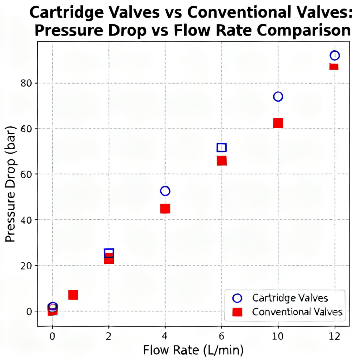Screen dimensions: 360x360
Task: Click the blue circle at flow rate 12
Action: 335,56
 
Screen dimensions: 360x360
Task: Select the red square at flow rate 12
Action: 334,67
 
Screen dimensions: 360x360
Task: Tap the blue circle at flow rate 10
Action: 278,97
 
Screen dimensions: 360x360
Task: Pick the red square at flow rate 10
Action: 278,123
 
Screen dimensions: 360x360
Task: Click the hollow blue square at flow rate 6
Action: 221,147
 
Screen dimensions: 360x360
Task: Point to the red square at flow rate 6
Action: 221,161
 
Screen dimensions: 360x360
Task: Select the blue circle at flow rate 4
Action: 165,191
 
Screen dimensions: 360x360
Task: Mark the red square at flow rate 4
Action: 165,209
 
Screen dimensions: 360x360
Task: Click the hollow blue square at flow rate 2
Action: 109,253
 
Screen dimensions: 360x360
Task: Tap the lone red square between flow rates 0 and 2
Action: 73,295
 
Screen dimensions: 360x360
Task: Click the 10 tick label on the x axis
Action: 278,337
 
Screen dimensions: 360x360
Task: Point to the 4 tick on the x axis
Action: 165,337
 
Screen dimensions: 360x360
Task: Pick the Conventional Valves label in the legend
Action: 297,312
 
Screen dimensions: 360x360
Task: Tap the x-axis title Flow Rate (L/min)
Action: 193,351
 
